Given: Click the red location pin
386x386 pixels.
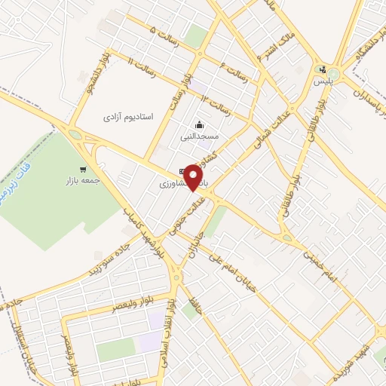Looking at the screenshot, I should pos(195,176).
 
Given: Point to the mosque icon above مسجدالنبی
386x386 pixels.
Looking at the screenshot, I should pos(199,125).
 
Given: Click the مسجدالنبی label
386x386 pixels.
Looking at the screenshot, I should pos(199,137).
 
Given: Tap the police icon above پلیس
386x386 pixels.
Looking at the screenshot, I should pos(323,69).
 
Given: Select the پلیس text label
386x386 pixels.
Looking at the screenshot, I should pos(323,80).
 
